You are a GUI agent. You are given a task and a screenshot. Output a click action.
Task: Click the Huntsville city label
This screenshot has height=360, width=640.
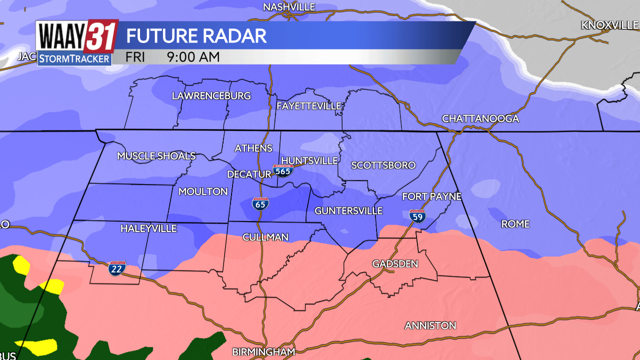coord(309,160)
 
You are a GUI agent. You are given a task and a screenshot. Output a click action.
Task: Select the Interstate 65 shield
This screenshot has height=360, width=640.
coord(260,203)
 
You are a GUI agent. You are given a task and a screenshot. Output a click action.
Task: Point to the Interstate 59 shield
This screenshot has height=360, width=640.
coord(417,215)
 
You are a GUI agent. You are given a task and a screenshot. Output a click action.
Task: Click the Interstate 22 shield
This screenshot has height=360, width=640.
coord(117,268)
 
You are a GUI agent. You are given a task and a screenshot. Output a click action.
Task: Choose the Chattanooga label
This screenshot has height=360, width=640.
coord(480,118)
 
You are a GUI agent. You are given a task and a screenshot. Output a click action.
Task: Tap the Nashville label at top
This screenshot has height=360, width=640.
coord(289,7)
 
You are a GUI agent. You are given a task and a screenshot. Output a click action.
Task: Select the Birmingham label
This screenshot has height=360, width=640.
coord(263,351)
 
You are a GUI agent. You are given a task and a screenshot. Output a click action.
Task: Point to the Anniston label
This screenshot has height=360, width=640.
coord(430,325)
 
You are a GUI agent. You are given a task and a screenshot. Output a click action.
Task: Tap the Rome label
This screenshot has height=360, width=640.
coord(515,224)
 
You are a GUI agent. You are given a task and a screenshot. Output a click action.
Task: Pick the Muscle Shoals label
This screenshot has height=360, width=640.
coord(156,156)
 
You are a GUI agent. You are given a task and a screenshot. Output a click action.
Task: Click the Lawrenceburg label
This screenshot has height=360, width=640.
coord(211,95)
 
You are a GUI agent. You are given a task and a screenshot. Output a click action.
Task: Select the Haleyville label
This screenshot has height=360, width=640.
coord(148,228)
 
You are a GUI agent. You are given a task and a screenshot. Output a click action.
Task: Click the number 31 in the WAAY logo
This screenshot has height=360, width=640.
coord(101,36)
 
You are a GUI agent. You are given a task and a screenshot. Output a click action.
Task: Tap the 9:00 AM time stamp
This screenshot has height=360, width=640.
coord(193,57)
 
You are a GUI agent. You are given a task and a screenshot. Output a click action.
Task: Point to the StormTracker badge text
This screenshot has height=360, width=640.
coord(74,58)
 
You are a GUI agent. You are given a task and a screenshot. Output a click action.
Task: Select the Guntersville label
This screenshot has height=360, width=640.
coord(348,211)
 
